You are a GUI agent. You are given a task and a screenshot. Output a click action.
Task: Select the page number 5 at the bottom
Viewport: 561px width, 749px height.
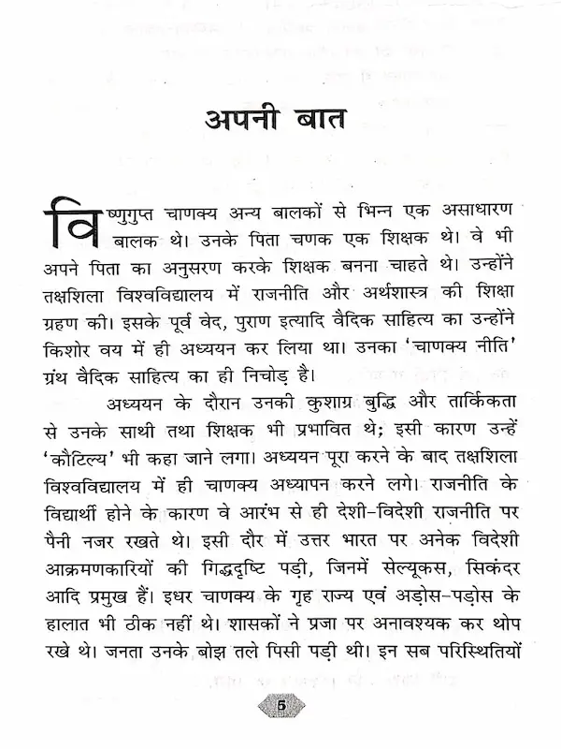point(280,703)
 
